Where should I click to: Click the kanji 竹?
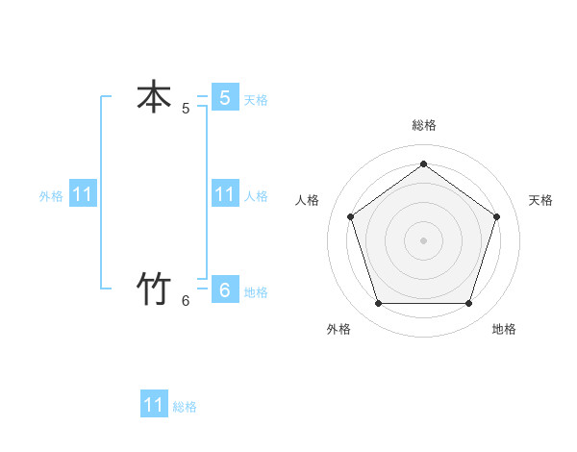154,289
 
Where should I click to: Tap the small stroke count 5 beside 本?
186,109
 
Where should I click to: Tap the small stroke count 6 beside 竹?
186,301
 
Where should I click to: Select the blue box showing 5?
224,97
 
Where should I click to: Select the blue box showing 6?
224,289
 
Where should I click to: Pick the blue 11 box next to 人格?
224,193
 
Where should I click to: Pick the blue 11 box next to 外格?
83,194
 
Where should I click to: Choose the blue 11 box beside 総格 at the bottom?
154,405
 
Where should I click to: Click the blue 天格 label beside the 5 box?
256,99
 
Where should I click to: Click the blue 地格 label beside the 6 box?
256,291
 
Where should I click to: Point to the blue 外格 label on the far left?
51,195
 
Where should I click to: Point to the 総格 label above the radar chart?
423,125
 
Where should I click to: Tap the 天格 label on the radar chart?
540,200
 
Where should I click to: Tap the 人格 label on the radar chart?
307,200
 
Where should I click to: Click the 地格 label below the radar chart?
504,329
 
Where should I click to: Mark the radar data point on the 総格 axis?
423,163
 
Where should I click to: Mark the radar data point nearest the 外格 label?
378,304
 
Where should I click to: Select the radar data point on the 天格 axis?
497,216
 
